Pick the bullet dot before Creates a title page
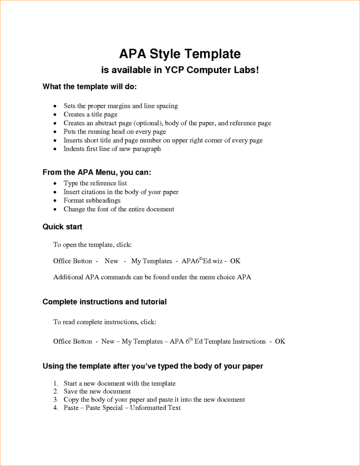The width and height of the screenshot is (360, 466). click(x=56, y=115)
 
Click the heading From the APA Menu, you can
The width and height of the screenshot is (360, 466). click(x=97, y=173)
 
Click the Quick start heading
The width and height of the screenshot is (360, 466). click(x=62, y=227)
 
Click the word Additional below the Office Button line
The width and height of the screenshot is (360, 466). click(x=68, y=277)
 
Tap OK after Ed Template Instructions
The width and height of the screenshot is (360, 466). click(x=280, y=341)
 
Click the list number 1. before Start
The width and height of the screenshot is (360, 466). click(x=56, y=383)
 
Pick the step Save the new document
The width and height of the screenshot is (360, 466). click(x=97, y=391)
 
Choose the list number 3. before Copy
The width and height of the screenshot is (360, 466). click(x=56, y=399)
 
